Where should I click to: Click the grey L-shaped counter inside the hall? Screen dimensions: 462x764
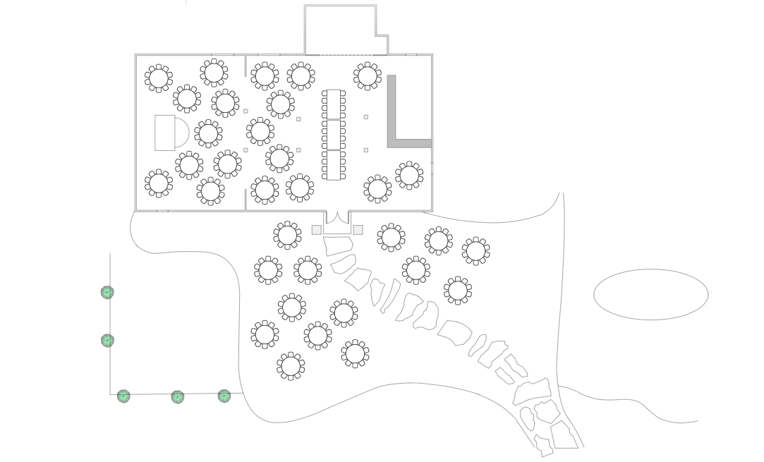tap(392, 113)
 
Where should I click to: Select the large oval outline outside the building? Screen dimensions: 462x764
tap(650, 294)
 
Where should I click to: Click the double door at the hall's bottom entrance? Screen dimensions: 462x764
tap(337, 219)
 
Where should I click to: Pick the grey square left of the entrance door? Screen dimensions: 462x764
tap(316, 230)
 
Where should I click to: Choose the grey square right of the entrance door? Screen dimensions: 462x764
tap(358, 230)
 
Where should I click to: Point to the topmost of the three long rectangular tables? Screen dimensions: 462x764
tap(334, 104)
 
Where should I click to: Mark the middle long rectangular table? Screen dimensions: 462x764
tap(334, 135)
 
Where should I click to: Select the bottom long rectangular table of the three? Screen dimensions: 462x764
tap(334, 164)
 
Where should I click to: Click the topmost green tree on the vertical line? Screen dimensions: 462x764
tap(107, 292)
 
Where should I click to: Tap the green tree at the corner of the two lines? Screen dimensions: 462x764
tap(123, 396)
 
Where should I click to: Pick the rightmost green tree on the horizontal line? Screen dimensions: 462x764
tap(224, 396)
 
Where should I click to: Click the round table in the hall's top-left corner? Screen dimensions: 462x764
tap(159, 78)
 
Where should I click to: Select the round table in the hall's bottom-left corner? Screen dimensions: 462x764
tap(159, 183)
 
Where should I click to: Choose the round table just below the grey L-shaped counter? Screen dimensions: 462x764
tap(409, 175)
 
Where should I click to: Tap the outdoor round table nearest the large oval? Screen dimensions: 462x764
tap(476, 250)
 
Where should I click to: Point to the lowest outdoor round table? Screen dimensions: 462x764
tap(291, 366)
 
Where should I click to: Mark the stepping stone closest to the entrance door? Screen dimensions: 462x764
tap(338, 245)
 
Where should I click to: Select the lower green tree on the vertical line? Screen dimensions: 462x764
tap(107, 341)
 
